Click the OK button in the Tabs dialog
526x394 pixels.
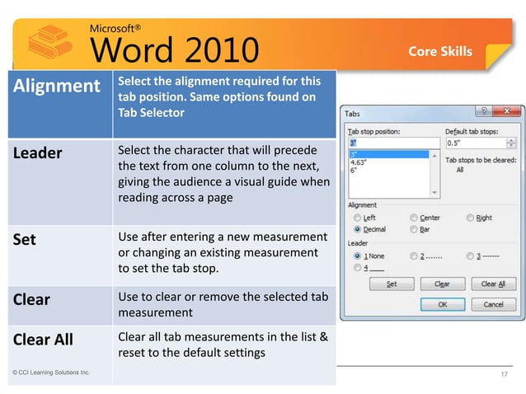442,304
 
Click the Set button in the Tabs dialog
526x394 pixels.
392,284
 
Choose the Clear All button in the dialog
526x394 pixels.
493,284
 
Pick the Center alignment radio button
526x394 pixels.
414,218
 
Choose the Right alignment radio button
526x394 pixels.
471,218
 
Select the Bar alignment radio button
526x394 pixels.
414,229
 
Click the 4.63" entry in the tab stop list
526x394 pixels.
361,162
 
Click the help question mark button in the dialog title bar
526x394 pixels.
485,111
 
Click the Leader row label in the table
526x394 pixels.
37,153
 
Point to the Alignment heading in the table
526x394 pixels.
54,86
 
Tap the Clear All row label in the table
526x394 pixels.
42,340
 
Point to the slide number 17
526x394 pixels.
505,376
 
